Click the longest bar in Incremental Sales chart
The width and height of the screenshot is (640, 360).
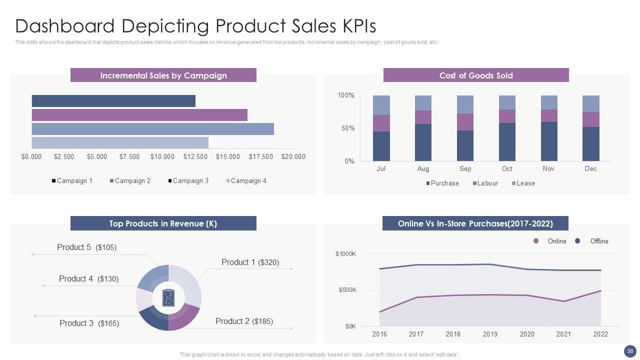coord(152,129)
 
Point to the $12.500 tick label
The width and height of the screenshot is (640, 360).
coord(195,156)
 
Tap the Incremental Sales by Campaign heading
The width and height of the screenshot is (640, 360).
coord(163,75)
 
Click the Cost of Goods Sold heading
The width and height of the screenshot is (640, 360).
coord(476,75)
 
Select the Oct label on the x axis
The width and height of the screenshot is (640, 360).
coord(507,168)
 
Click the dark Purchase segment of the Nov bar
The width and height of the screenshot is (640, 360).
coord(549,141)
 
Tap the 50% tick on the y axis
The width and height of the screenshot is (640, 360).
coord(347,128)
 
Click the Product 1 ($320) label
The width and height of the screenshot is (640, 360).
coord(250,262)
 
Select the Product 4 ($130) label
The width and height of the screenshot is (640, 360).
coord(88,279)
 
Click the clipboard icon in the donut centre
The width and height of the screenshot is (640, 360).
coord(168,297)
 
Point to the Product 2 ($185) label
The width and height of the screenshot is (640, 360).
coord(244,321)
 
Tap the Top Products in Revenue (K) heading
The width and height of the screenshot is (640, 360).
coord(163,223)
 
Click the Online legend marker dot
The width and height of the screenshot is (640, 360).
coord(536,241)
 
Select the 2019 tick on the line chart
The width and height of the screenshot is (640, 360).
coord(490,334)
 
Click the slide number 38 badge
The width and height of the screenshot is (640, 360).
coord(629,350)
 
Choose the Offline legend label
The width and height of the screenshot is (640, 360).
coord(599,241)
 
